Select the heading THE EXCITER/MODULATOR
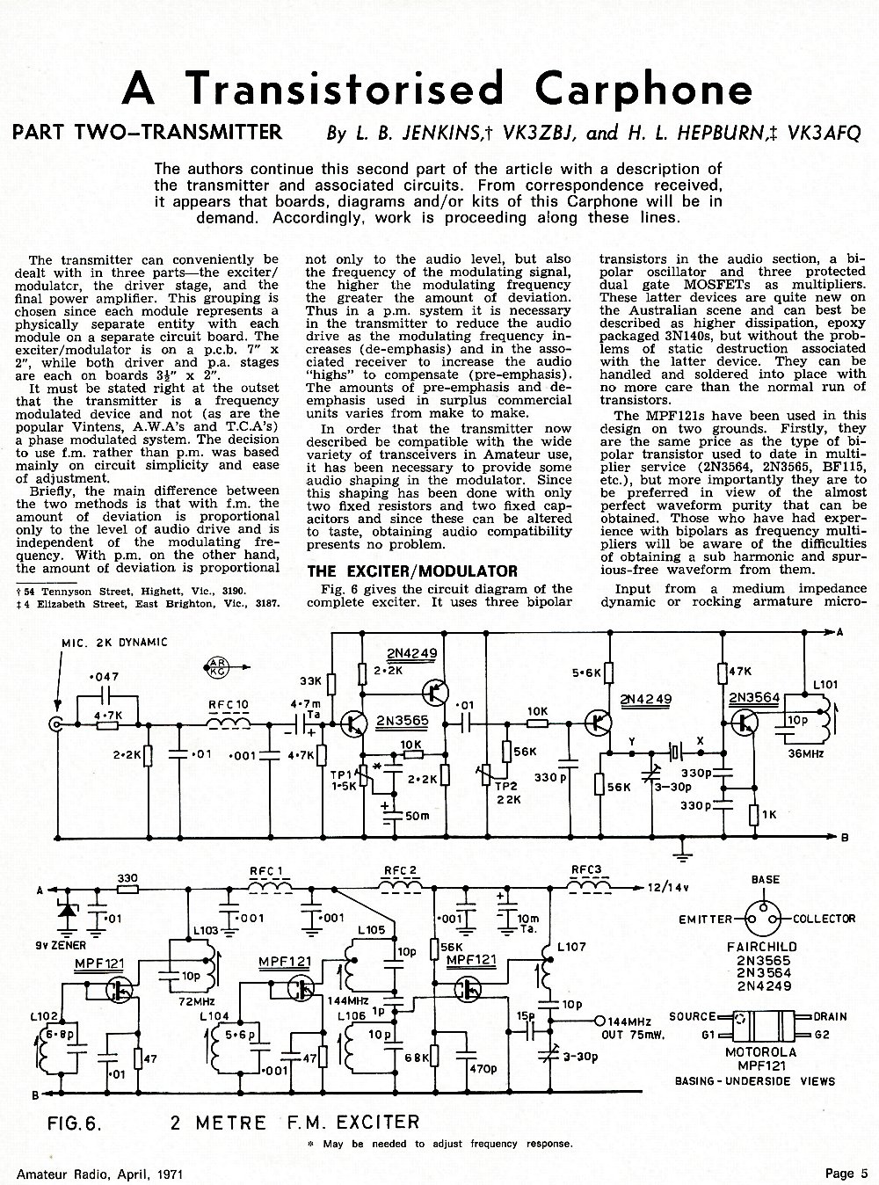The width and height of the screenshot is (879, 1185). [412, 571]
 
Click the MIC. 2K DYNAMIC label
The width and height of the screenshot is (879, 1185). [114, 643]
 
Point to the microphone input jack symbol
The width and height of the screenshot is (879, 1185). [55, 724]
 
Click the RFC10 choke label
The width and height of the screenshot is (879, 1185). [229, 705]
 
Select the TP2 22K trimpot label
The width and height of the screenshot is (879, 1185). [508, 794]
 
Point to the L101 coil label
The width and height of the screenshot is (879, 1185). [825, 685]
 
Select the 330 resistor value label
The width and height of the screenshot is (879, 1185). [127, 878]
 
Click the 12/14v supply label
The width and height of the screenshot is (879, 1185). [668, 888]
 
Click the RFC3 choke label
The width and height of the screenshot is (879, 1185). [586, 870]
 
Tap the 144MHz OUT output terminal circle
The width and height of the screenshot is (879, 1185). [599, 1020]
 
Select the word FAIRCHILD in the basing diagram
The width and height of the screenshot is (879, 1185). [762, 946]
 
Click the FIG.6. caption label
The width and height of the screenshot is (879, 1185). [75, 1123]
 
